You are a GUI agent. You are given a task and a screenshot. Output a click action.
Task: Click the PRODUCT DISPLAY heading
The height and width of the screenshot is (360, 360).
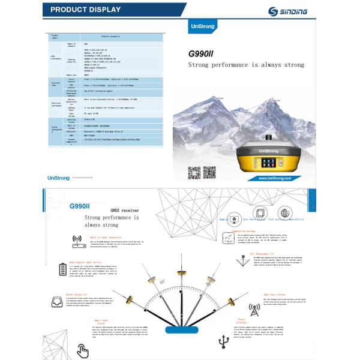click(x=85, y=10)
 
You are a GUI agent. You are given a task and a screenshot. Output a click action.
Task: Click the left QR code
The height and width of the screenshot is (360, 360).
click(x=193, y=173)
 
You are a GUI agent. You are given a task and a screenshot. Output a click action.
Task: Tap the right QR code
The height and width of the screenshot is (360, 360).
click(x=209, y=173)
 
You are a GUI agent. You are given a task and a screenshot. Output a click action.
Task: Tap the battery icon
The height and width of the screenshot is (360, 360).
click(x=64, y=268)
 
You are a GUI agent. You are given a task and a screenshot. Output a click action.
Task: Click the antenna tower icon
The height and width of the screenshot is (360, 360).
click(x=254, y=310)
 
